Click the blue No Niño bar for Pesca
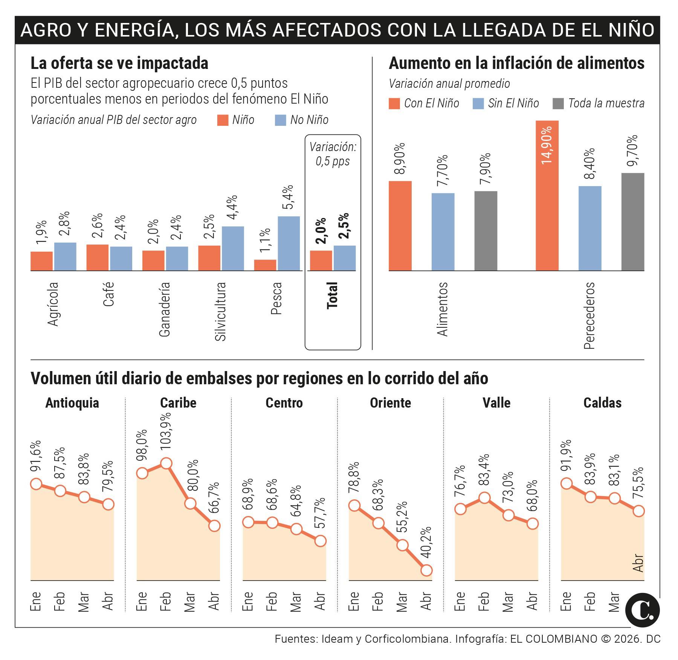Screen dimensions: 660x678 [289, 243]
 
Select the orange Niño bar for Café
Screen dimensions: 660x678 [97, 257]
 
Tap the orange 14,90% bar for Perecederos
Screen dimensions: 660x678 [547, 196]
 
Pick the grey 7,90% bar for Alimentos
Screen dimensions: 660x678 [486, 231]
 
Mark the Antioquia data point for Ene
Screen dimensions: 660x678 [36, 484]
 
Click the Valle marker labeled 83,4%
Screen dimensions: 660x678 [484, 498]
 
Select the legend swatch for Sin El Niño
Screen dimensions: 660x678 [478, 104]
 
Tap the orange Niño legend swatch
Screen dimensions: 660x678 [223, 120]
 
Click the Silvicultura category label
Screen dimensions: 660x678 [220, 311]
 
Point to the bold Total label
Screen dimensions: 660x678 [332, 296]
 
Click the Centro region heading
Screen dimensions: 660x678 [284, 403]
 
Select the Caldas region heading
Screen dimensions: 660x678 [602, 403]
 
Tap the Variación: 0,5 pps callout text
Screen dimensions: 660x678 [333, 154]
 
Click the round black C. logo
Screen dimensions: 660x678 [642, 611]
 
